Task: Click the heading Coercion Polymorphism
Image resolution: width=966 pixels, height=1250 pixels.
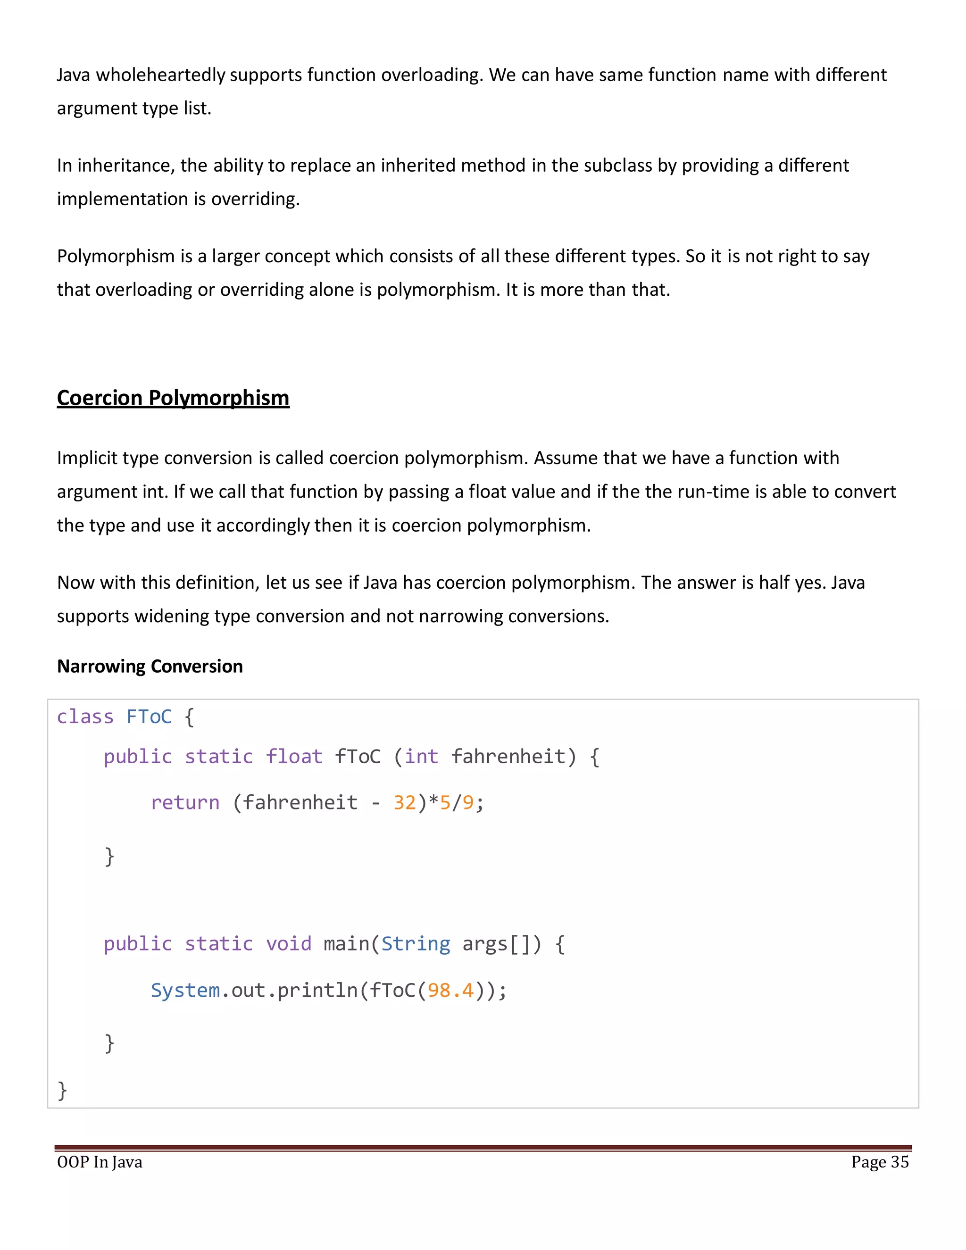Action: [173, 398]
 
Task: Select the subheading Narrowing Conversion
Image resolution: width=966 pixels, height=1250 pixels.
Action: [150, 666]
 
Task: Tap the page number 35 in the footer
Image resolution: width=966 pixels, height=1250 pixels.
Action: [899, 1162]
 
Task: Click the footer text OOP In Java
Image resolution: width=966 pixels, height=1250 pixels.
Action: [100, 1162]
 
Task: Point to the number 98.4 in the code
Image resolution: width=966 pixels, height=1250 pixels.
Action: [451, 990]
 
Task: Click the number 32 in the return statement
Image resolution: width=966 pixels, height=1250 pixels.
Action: [405, 802]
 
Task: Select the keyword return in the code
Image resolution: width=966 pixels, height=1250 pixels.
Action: [185, 802]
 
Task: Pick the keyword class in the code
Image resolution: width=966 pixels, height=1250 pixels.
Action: [85, 717]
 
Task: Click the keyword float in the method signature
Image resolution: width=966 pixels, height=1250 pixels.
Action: [294, 757]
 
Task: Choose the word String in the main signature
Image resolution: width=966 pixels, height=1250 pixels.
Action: [416, 944]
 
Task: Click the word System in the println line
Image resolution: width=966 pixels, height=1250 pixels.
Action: [185, 990]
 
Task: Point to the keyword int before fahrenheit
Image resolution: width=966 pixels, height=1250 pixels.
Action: [422, 757]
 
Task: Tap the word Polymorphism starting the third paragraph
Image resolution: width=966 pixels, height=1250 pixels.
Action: [116, 256]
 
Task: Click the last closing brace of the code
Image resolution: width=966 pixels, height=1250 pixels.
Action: [62, 1090]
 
